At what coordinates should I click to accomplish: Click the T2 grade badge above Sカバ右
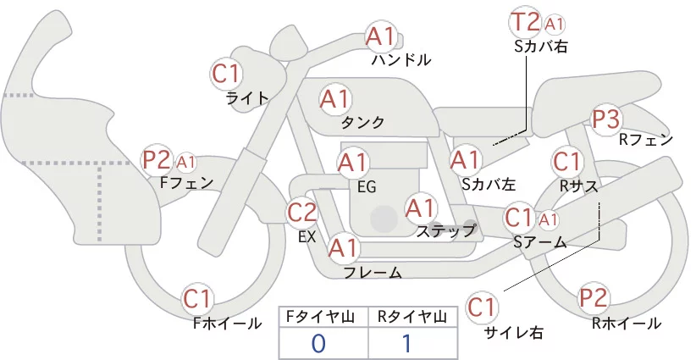525,23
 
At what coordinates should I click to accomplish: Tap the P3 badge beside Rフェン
606,119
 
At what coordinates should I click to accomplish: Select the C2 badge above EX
301,213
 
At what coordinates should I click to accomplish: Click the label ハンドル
401,59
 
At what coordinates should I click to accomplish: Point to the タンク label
362,122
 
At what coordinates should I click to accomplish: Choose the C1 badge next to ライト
226,75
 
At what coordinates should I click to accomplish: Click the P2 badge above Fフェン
157,160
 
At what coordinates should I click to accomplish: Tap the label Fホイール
227,324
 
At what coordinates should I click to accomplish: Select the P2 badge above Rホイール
594,298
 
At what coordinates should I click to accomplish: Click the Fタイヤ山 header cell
323,317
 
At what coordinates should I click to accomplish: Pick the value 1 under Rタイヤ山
407,344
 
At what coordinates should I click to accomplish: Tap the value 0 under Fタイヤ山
318,344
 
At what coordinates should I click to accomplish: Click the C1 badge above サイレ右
482,307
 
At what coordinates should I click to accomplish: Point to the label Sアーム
540,242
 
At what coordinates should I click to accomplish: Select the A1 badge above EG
352,163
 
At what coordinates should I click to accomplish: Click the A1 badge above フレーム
343,247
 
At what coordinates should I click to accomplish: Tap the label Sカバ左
489,184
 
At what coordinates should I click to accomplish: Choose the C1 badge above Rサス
566,162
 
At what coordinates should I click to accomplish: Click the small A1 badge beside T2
554,25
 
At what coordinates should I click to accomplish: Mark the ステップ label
445,231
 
